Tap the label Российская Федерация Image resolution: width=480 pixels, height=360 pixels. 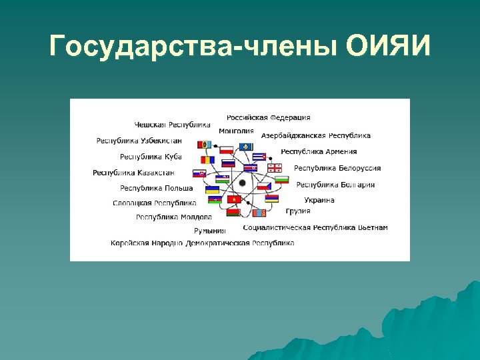[268, 118]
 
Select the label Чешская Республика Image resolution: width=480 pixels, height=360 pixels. [172, 125]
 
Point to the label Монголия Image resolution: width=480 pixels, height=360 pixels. [236, 131]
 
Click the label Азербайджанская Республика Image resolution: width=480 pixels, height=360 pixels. [316, 135]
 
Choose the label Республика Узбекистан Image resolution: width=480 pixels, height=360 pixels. [139, 141]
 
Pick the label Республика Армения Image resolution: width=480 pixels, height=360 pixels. [319, 152]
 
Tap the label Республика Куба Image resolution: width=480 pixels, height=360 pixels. [151, 157]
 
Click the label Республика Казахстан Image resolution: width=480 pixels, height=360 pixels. [133, 173]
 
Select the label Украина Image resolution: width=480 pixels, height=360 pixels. [319, 200]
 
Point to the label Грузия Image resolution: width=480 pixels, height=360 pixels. [298, 211]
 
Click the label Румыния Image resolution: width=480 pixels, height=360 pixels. [210, 231]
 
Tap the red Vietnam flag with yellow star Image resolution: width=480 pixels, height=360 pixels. [234, 199]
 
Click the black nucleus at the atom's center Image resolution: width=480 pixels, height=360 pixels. [242, 183]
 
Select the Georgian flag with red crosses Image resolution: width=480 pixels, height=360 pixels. [275, 167]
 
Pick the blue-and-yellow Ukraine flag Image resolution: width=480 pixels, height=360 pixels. [212, 190]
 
